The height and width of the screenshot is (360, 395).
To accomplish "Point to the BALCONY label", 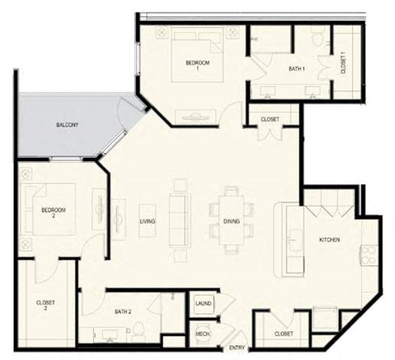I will click(x=67, y=125).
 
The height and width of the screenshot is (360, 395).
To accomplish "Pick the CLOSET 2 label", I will click(x=46, y=305).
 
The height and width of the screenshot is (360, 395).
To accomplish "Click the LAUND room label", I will click(x=202, y=303).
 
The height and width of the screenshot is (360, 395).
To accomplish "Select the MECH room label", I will click(x=202, y=334).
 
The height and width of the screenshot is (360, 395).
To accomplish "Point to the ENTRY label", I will click(x=236, y=348).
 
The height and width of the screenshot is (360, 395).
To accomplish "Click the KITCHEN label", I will click(x=330, y=240).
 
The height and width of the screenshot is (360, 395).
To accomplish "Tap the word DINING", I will click(x=231, y=222).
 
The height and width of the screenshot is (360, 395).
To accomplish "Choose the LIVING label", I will click(x=148, y=222).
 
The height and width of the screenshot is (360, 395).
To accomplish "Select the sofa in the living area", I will click(x=178, y=218).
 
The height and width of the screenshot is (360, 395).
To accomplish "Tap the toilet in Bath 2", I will click(x=140, y=330).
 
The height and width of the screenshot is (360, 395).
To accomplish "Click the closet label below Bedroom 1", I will click(x=269, y=119).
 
